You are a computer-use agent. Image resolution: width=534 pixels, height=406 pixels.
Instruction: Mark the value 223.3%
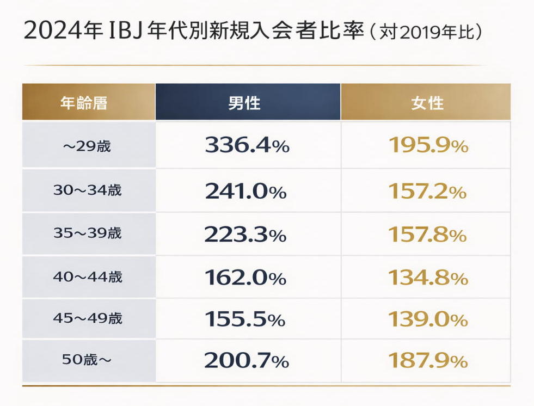tap(245, 234)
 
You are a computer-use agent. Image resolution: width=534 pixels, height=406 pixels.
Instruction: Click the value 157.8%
tap(427, 234)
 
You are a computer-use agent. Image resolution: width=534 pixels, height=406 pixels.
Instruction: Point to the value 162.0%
tap(245, 277)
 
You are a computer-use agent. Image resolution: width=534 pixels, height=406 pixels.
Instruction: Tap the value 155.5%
tap(245, 319)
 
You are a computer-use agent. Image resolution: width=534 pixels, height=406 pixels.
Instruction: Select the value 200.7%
tap(247, 360)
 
